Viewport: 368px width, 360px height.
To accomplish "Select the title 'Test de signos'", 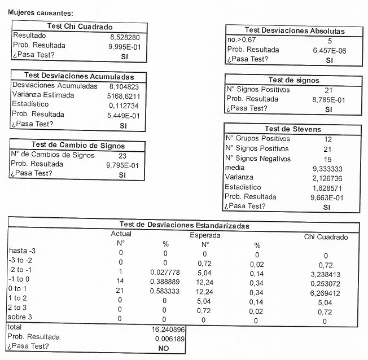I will tap(293, 81).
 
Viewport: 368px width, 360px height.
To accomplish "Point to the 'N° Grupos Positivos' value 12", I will tap(328, 139).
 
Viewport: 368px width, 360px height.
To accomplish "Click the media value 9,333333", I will tap(330, 169).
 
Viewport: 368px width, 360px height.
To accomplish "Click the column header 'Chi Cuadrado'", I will tap(326, 238).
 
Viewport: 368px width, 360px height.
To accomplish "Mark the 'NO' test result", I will tap(164, 349).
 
